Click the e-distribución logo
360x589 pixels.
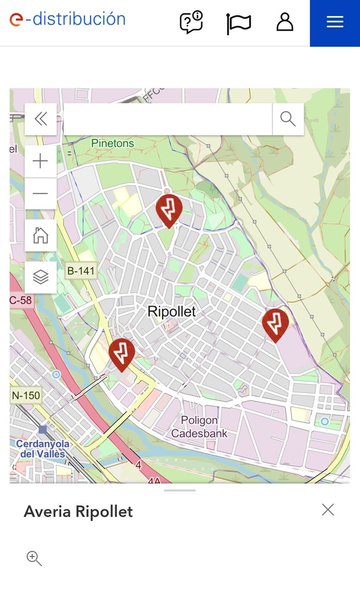pos(68,20)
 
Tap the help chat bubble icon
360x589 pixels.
pos(191,23)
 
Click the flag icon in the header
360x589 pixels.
pos(239,24)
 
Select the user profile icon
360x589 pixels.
pos(285,23)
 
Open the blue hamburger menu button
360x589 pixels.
pos(335,23)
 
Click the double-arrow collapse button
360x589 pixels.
pos(41,119)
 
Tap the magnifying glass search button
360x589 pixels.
pos(288,119)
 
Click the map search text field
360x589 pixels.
pos(168,119)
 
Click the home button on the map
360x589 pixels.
pos(41,235)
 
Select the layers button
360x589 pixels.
pos(41,277)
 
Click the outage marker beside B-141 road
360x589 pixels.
pos(122,353)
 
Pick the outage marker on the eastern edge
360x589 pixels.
pos(275,323)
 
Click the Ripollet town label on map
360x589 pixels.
pos(172,312)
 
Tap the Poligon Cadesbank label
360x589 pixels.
pos(199,427)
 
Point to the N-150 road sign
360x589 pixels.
pos(26,395)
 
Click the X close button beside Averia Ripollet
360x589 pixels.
pos(328,510)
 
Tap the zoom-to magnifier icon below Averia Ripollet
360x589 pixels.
pos(34,559)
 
